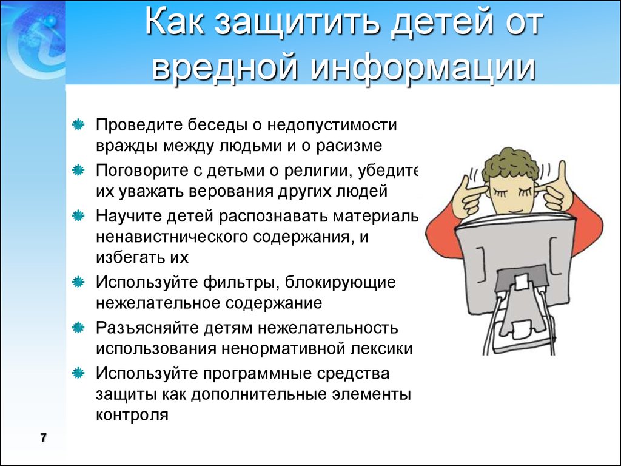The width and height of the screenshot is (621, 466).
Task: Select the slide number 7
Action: tap(43, 438)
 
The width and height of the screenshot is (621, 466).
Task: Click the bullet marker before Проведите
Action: tap(78, 125)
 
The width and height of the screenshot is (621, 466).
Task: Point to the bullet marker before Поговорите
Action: tap(78, 171)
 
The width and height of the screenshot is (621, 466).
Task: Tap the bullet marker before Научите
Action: tap(78, 216)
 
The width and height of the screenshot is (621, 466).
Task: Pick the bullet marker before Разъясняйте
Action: tap(78, 328)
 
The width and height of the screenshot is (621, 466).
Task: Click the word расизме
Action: tap(349, 146)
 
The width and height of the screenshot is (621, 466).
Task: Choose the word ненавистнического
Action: tap(172, 237)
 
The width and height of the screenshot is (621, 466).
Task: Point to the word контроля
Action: tap(132, 415)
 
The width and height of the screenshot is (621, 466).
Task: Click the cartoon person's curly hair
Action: tap(511, 163)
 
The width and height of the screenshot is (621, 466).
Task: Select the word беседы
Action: tap(217, 125)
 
